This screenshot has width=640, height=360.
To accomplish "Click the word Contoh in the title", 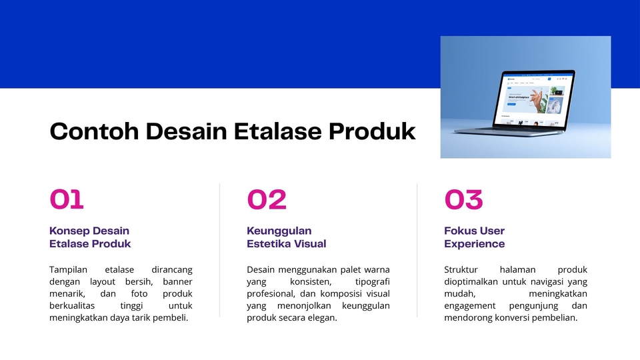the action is click(94, 131).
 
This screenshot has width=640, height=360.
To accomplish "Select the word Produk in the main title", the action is click(372, 131).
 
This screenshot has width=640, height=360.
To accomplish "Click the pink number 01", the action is click(67, 199).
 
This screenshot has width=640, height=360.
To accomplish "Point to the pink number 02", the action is click(267, 199).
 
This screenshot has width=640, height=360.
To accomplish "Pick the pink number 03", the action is click(464, 199).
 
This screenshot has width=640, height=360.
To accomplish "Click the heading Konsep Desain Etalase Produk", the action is click(90, 237).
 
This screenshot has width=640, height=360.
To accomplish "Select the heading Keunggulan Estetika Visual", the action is click(286, 237).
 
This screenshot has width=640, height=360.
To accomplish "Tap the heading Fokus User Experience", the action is click(474, 237).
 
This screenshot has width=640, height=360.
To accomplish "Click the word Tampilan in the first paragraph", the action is click(68, 270).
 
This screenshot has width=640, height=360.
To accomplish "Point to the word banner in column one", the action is click(177, 281).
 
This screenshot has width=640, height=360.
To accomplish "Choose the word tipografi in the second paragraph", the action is click(372, 282).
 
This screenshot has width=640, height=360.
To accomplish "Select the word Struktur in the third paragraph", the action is click(461, 270).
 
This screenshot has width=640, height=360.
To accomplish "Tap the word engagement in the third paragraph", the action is click(470, 306).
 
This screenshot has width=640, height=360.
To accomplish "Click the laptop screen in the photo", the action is click(533, 99).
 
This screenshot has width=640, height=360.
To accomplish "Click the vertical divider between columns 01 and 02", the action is click(219, 250).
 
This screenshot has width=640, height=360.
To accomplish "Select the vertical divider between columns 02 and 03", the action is click(417, 250).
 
